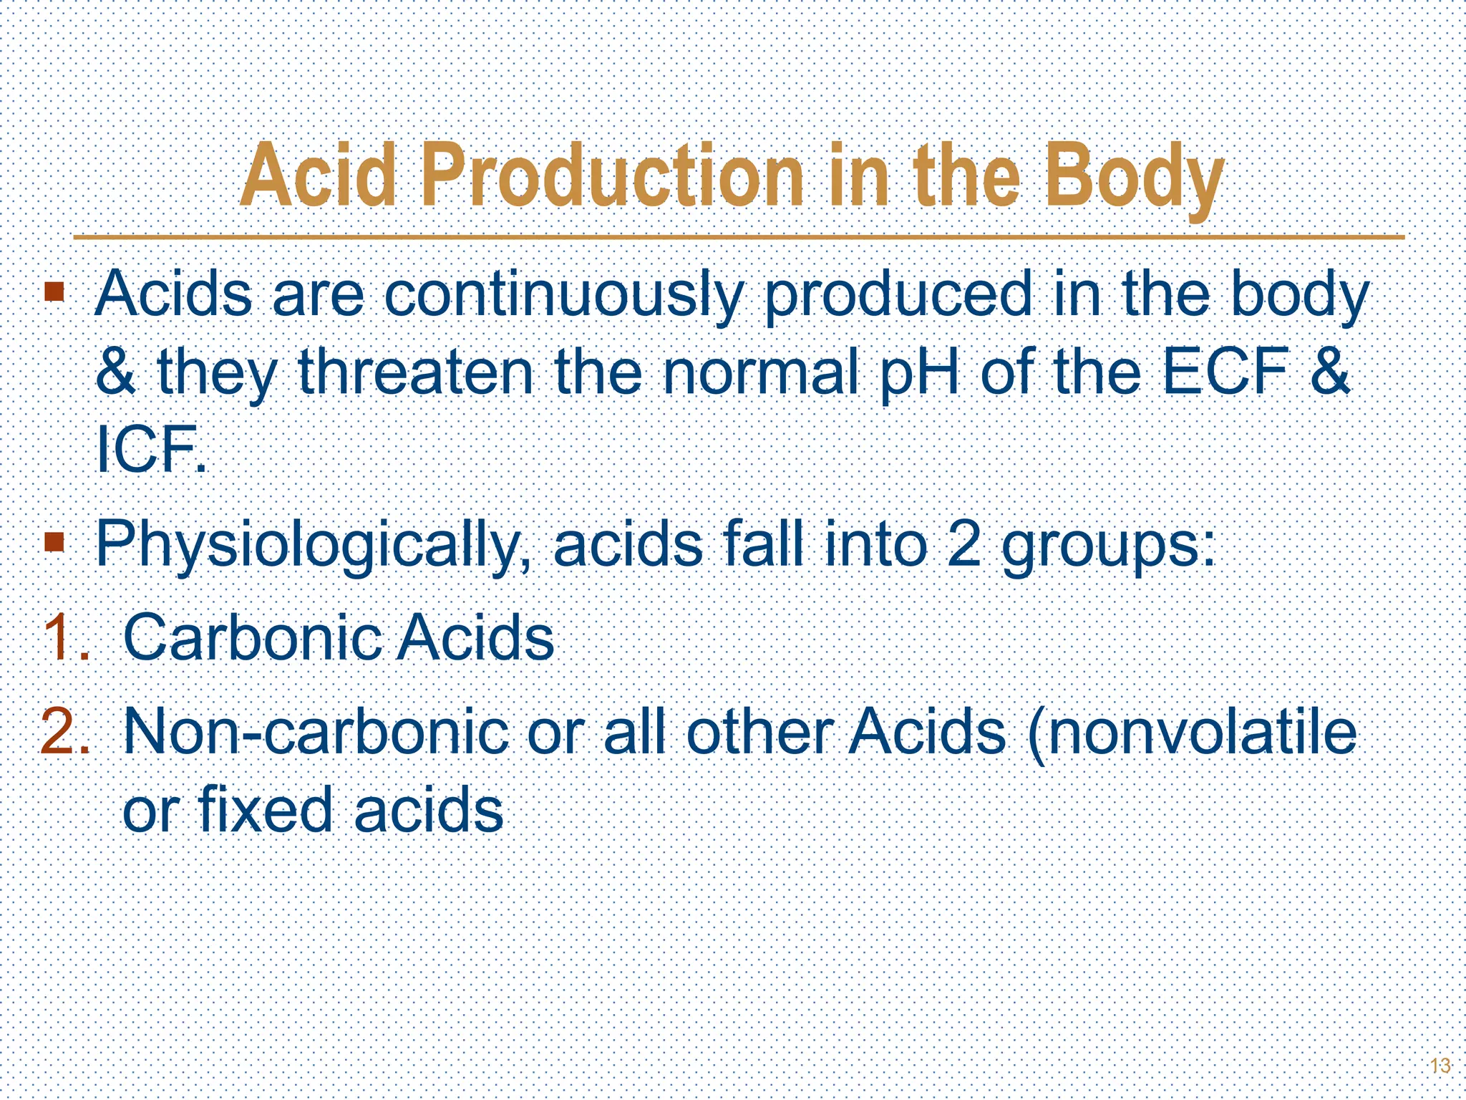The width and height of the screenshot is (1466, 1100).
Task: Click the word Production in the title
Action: [x=612, y=175]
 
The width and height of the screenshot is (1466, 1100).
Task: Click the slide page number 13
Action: [x=1440, y=1066]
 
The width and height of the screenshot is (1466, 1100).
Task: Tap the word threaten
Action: [x=416, y=372]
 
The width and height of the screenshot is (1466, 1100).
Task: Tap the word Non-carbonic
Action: [x=315, y=732]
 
